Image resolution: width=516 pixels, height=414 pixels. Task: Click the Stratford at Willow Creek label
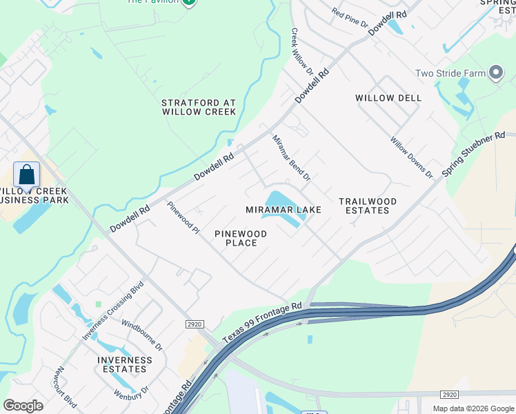point(199,107)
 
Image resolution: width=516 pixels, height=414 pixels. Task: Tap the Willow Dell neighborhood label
point(388,98)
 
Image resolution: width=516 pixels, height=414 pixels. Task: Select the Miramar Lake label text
point(284,210)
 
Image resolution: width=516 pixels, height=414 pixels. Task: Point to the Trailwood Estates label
point(368,206)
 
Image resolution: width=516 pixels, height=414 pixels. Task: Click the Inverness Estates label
point(125,364)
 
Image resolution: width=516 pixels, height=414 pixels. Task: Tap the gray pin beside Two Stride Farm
point(495,73)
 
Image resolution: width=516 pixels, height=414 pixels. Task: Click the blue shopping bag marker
point(26,175)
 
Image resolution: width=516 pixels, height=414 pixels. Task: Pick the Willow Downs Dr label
point(411,158)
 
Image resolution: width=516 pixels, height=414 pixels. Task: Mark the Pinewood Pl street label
point(183,217)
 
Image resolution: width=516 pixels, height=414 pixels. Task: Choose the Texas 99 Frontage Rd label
point(262,324)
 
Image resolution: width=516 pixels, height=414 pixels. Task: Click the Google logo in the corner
point(23,406)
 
